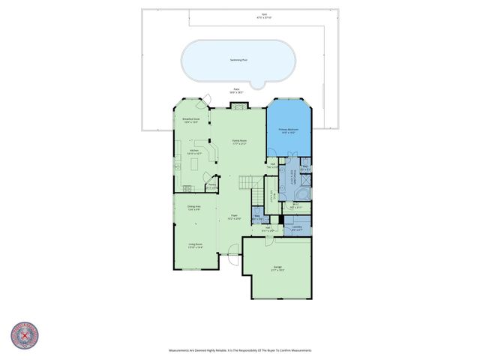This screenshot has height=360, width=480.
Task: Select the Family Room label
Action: pyautogui.click(x=240, y=142)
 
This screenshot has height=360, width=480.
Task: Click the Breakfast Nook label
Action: pyautogui.click(x=190, y=120)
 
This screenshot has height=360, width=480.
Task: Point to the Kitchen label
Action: pyautogui.click(x=193, y=151)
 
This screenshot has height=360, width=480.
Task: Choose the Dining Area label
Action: pyautogui.click(x=193, y=208)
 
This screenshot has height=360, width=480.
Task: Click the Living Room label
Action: pyautogui.click(x=196, y=245)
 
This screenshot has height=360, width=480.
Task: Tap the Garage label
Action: pyautogui.click(x=277, y=268)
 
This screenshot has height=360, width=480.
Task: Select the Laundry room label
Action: pyautogui.click(x=297, y=228)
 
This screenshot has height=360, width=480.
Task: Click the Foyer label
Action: pyautogui.click(x=234, y=217)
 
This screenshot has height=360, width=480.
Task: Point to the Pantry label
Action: pyautogui.click(x=212, y=186)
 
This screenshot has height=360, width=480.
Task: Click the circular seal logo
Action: pyautogui.click(x=25, y=335)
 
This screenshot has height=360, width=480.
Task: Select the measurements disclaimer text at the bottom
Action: pyautogui.click(x=239, y=350)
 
